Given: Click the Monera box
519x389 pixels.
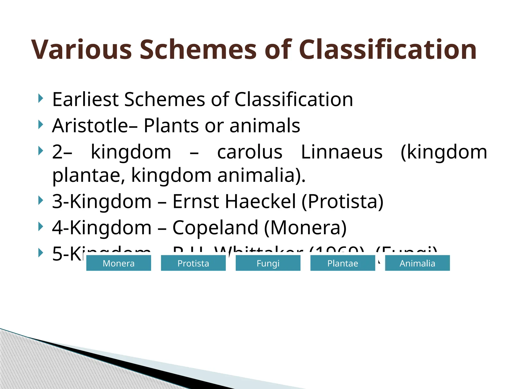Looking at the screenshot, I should pos(119,263).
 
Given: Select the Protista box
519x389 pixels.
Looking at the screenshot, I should pos(193,263).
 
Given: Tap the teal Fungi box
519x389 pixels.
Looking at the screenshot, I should pos(268,263).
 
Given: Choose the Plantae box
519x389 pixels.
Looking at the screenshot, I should pos(343,263).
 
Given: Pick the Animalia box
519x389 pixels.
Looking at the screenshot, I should pos(417,263).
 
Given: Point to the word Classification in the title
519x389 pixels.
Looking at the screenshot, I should pos(388,50).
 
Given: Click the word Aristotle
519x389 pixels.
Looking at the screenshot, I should pos(90,126).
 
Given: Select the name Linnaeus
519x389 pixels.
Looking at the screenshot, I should pos(342,152).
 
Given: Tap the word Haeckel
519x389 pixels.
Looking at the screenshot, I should pos(260,202).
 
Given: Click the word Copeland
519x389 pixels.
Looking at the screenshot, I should pos(215,228).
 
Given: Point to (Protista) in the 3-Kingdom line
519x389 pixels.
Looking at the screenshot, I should pos(342,202).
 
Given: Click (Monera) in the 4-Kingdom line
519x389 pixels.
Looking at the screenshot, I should pos(305,228).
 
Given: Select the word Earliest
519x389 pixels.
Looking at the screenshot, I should pos(85,99).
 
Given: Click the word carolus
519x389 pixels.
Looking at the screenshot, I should pos(250,152).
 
